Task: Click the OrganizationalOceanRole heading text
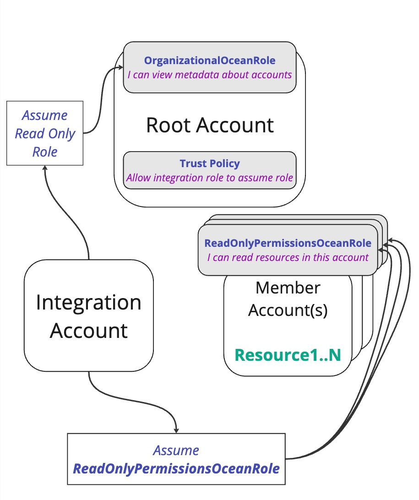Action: pyautogui.click(x=210, y=60)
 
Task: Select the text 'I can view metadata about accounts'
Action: pyautogui.click(x=210, y=75)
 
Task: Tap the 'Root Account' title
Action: pyautogui.click(x=210, y=125)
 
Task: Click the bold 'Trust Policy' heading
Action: pyautogui.click(x=210, y=163)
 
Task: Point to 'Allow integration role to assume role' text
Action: pyautogui.click(x=210, y=178)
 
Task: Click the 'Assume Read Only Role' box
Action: pyautogui.click(x=44, y=134)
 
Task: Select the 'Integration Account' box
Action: pyautogui.click(x=88, y=316)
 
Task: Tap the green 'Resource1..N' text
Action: pyautogui.click(x=288, y=355)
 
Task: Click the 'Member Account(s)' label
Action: pyautogui.click(x=288, y=299)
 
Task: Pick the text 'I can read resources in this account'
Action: pyautogui.click(x=288, y=257)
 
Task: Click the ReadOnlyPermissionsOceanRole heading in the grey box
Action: pyautogui.click(x=288, y=243)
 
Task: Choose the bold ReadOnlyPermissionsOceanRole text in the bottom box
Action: pyautogui.click(x=176, y=469)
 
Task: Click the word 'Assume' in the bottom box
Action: pyautogui.click(x=176, y=451)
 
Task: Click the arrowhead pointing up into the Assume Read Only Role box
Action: pyautogui.click(x=45, y=168)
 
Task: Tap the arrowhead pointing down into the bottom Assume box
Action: pyautogui.click(x=176, y=430)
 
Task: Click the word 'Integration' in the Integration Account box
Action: pyautogui.click(x=88, y=302)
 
